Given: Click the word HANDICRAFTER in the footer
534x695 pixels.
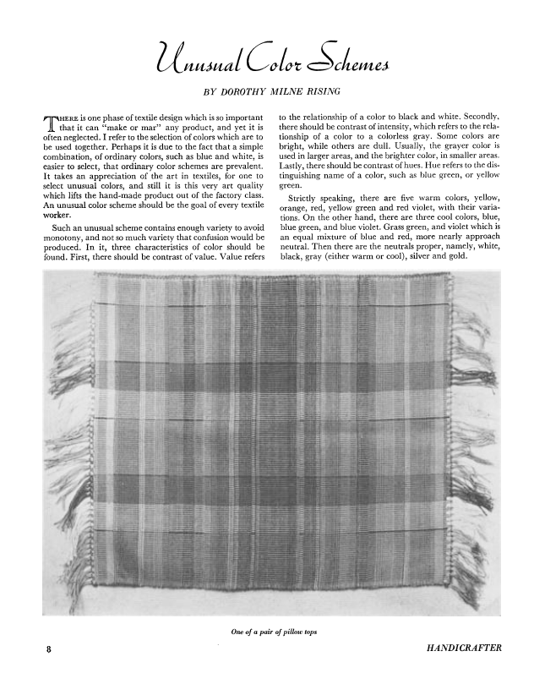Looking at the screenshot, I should pyautogui.click(x=465, y=648).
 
